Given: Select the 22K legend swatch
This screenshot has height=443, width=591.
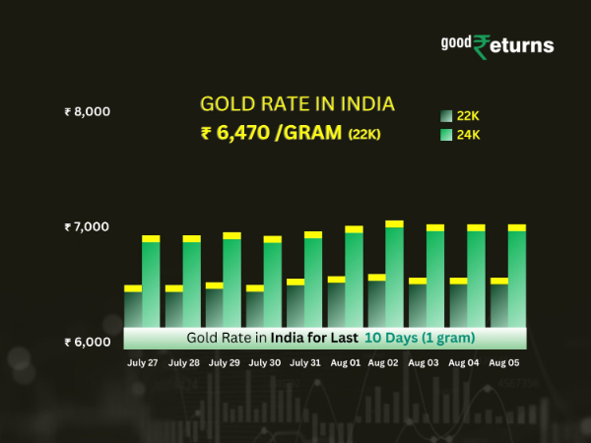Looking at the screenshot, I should (x=445, y=116).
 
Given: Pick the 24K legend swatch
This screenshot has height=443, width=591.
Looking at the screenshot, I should (x=445, y=134).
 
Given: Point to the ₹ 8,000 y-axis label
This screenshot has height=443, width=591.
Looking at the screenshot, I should (x=86, y=112).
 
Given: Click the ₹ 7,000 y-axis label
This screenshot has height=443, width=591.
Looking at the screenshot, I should (x=86, y=227).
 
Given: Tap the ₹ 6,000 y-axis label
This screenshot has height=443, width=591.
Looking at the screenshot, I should (x=86, y=343).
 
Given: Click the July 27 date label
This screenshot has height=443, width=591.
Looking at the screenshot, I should (x=143, y=363).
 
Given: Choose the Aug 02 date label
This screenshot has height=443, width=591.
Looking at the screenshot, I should (x=383, y=363).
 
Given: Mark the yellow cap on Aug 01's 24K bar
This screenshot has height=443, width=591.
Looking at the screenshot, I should (x=354, y=229).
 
